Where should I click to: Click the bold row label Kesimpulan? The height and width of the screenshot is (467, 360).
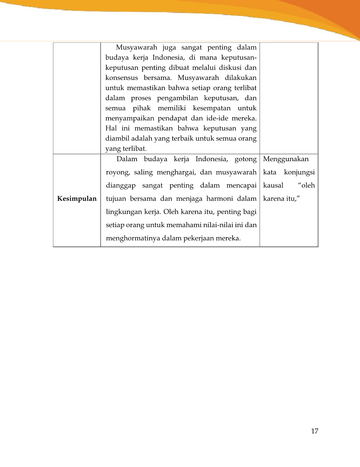pos(77,199)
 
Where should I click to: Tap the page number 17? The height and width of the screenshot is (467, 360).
pos(314,431)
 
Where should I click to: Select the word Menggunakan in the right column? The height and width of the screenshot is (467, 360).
pos(286,159)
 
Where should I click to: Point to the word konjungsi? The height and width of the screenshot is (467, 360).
pos(299,172)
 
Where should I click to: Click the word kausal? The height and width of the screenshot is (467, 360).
pos(273,185)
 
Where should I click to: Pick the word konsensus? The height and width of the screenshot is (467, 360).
pos(122,78)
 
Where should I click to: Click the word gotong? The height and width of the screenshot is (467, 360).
pos(245,159)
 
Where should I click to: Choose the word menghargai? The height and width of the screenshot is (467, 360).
pos(176,172)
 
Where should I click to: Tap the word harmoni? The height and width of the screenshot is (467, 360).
pos(220,199)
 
